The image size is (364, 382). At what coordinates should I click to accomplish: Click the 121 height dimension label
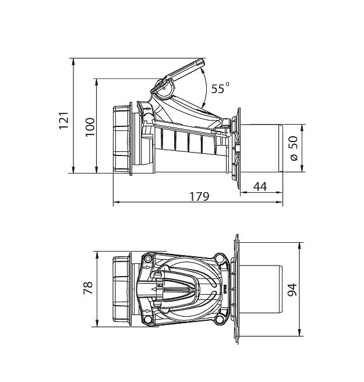(x=64, y=121)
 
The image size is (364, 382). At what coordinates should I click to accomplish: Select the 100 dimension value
(x=90, y=127)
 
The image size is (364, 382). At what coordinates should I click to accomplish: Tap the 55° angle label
(x=220, y=88)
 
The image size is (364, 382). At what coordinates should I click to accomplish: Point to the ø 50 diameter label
(x=294, y=148)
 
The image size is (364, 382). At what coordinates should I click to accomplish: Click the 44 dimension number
(x=260, y=186)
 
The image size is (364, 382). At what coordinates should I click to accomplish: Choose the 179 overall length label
(x=199, y=197)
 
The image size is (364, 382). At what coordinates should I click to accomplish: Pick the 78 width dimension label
(x=88, y=288)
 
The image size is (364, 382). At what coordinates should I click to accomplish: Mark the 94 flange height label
(x=292, y=289)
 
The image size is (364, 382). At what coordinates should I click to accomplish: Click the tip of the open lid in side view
(x=202, y=62)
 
